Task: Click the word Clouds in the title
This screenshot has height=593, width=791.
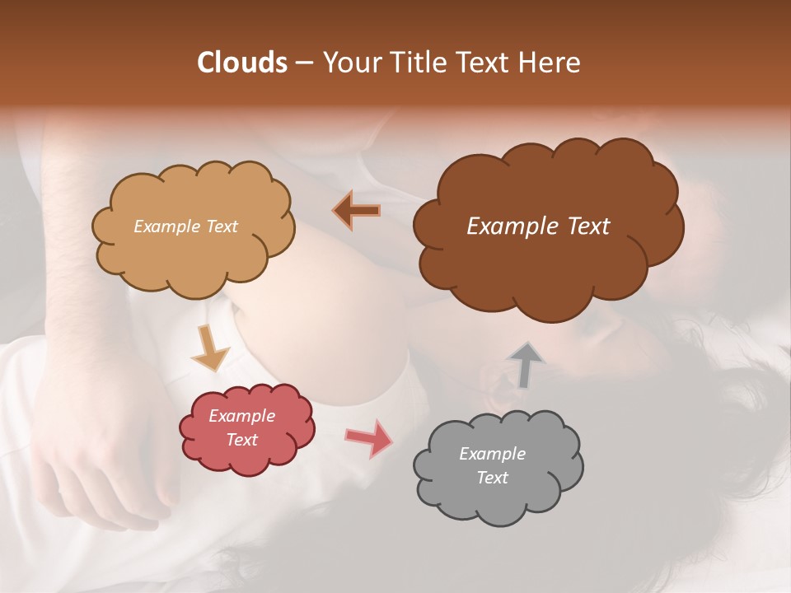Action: click(x=242, y=63)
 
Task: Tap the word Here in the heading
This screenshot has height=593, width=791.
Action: click(x=550, y=63)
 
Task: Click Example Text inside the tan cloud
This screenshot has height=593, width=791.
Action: click(x=185, y=226)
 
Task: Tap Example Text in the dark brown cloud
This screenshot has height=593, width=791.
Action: click(x=538, y=226)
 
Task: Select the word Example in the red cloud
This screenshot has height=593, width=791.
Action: click(x=241, y=416)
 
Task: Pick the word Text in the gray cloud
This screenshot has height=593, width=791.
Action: click(x=492, y=478)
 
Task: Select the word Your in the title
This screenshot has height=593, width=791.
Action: click(x=351, y=63)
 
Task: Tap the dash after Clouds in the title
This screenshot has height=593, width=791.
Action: click(x=302, y=63)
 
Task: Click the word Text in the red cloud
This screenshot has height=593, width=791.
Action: click(x=241, y=440)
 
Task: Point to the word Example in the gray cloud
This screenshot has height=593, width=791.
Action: click(x=492, y=454)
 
